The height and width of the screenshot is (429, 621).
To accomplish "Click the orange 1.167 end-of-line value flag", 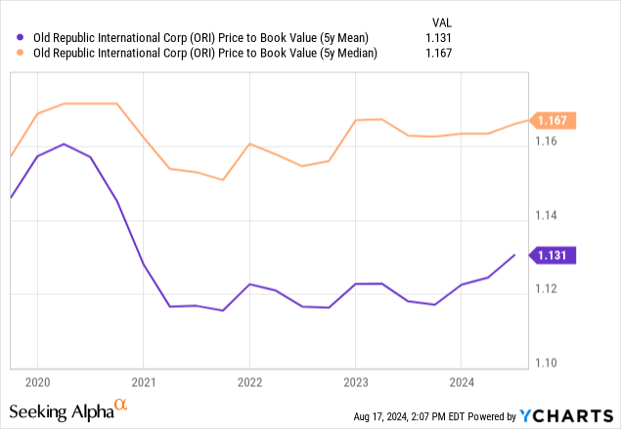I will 555,121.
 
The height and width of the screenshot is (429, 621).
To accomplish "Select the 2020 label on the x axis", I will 37,382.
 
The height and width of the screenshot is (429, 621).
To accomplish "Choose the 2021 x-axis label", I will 144,382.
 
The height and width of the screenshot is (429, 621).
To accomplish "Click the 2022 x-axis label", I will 249,382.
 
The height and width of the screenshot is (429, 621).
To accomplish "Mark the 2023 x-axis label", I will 355,382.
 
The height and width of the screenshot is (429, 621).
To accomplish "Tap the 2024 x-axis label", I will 462,382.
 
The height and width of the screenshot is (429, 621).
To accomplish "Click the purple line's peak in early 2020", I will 64,144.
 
